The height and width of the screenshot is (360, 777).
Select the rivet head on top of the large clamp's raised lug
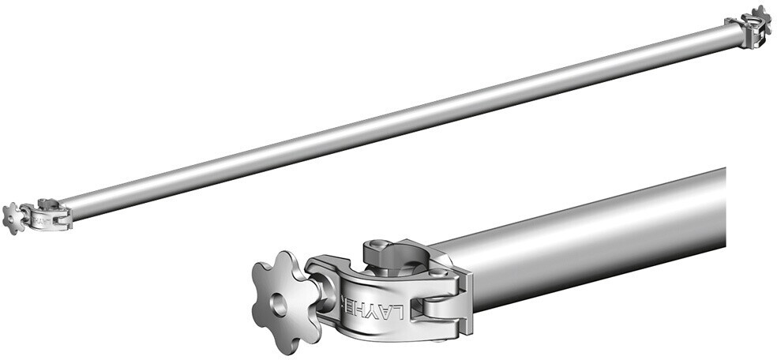click(x=379, y=247)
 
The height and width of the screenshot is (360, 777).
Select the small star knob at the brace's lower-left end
click(x=13, y=218)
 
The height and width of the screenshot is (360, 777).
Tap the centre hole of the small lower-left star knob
click(x=12, y=219)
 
